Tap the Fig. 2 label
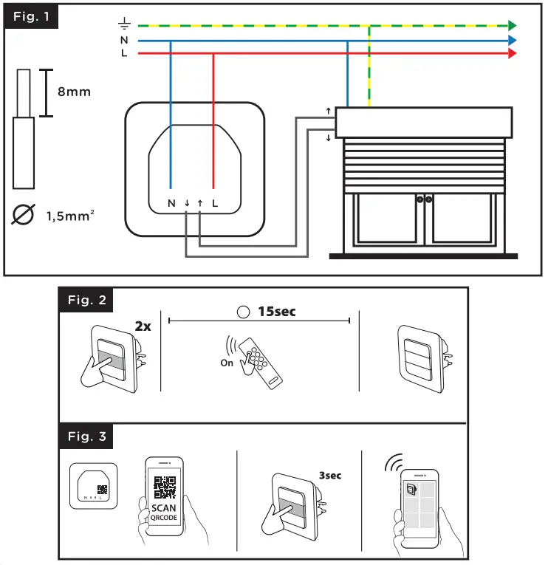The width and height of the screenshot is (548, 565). [86, 300]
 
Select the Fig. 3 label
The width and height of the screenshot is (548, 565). [86, 436]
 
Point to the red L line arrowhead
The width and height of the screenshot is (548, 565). [512, 54]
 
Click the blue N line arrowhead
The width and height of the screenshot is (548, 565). [512, 41]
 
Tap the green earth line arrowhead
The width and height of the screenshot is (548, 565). [512, 27]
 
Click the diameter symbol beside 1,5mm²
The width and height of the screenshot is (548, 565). [24, 216]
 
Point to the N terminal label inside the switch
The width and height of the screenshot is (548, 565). [171, 202]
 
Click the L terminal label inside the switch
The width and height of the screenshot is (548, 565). [214, 202]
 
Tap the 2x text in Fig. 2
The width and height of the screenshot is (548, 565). [143, 326]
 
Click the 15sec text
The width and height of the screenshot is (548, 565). [275, 312]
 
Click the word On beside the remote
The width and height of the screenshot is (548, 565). [227, 363]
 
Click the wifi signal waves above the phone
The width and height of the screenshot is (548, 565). [392, 464]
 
